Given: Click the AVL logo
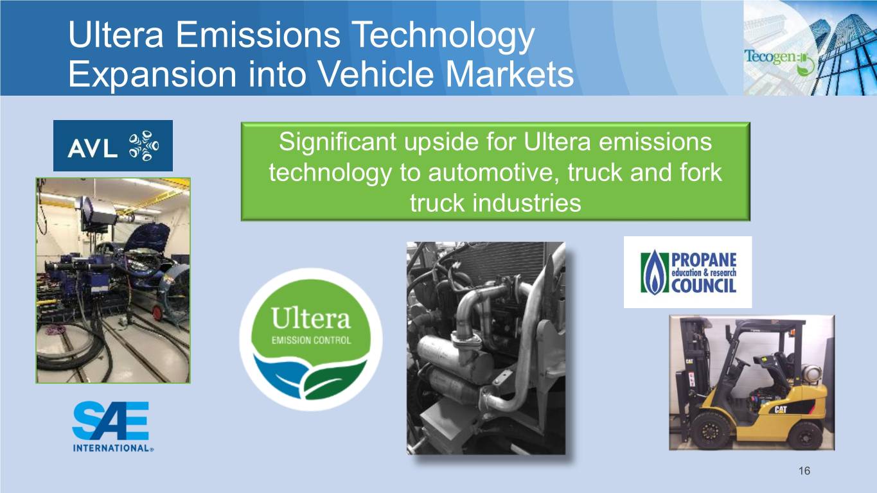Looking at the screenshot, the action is [x=113, y=146].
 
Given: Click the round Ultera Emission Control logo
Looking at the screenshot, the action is [x=311, y=339].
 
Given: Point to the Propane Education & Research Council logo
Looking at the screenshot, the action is [x=687, y=272].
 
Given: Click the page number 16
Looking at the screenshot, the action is [x=804, y=471].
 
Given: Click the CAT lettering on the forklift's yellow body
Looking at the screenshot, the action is [x=780, y=410].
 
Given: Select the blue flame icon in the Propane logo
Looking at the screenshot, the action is [x=655, y=272].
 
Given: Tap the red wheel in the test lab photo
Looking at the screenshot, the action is [x=157, y=311].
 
